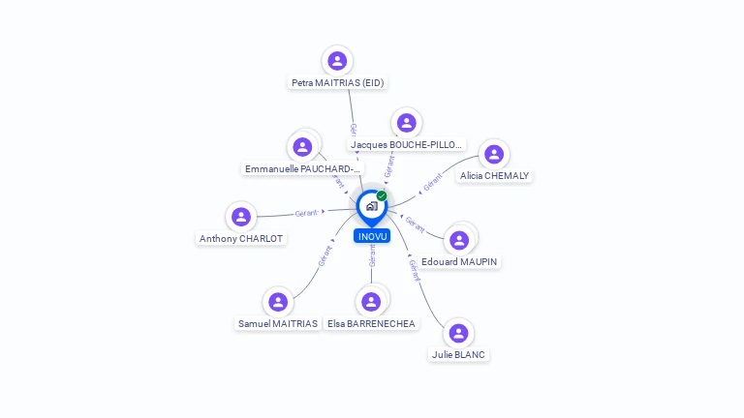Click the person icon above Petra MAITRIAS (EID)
(x=337, y=61)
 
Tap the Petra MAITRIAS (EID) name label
(x=338, y=83)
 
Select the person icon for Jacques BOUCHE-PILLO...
(x=406, y=123)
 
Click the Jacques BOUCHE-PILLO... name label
(x=407, y=145)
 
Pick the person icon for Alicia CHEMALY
(x=494, y=154)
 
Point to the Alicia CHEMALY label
(x=495, y=176)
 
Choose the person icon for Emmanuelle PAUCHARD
(x=302, y=147)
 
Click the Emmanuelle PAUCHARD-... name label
(x=303, y=169)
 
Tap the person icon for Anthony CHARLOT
(x=241, y=217)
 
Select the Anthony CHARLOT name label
(x=241, y=239)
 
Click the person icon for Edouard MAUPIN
(x=459, y=240)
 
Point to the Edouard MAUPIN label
(x=460, y=262)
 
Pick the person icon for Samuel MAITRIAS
(x=278, y=302)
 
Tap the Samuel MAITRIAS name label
(x=278, y=324)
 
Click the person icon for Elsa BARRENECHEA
(x=370, y=302)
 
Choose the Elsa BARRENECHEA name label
(x=371, y=324)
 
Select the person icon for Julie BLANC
(x=458, y=333)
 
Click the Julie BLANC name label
(x=458, y=355)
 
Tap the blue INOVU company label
(x=372, y=236)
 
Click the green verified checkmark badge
(x=382, y=196)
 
